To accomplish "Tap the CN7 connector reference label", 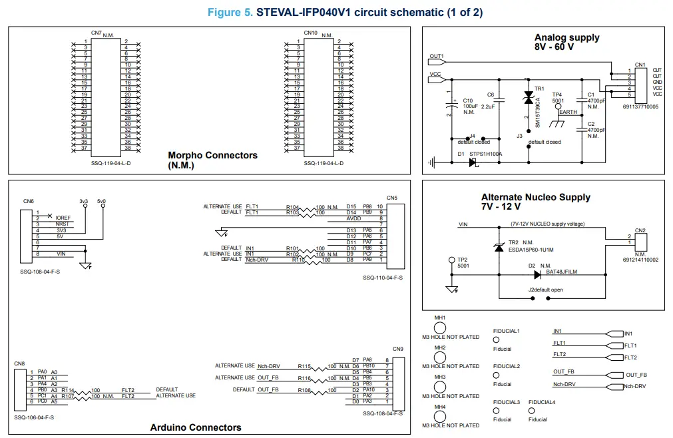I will [96, 33].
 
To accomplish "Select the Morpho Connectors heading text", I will [212, 156].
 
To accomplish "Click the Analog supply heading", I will [566, 38].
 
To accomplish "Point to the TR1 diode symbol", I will [529, 98].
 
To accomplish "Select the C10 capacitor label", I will [467, 100].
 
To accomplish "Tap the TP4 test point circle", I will [559, 106].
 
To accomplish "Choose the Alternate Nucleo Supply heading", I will [535, 198].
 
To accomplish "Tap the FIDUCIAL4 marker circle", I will [531, 411].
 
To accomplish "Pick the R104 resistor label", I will [293, 207].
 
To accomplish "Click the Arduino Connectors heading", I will [196, 427].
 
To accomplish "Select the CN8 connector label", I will [19, 363].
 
